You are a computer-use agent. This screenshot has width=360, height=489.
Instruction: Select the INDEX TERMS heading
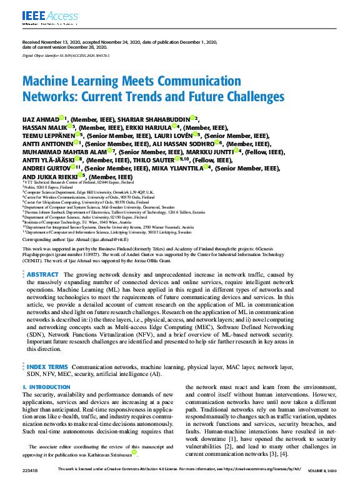47,367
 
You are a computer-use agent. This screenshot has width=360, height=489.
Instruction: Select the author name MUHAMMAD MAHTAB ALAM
64,151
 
